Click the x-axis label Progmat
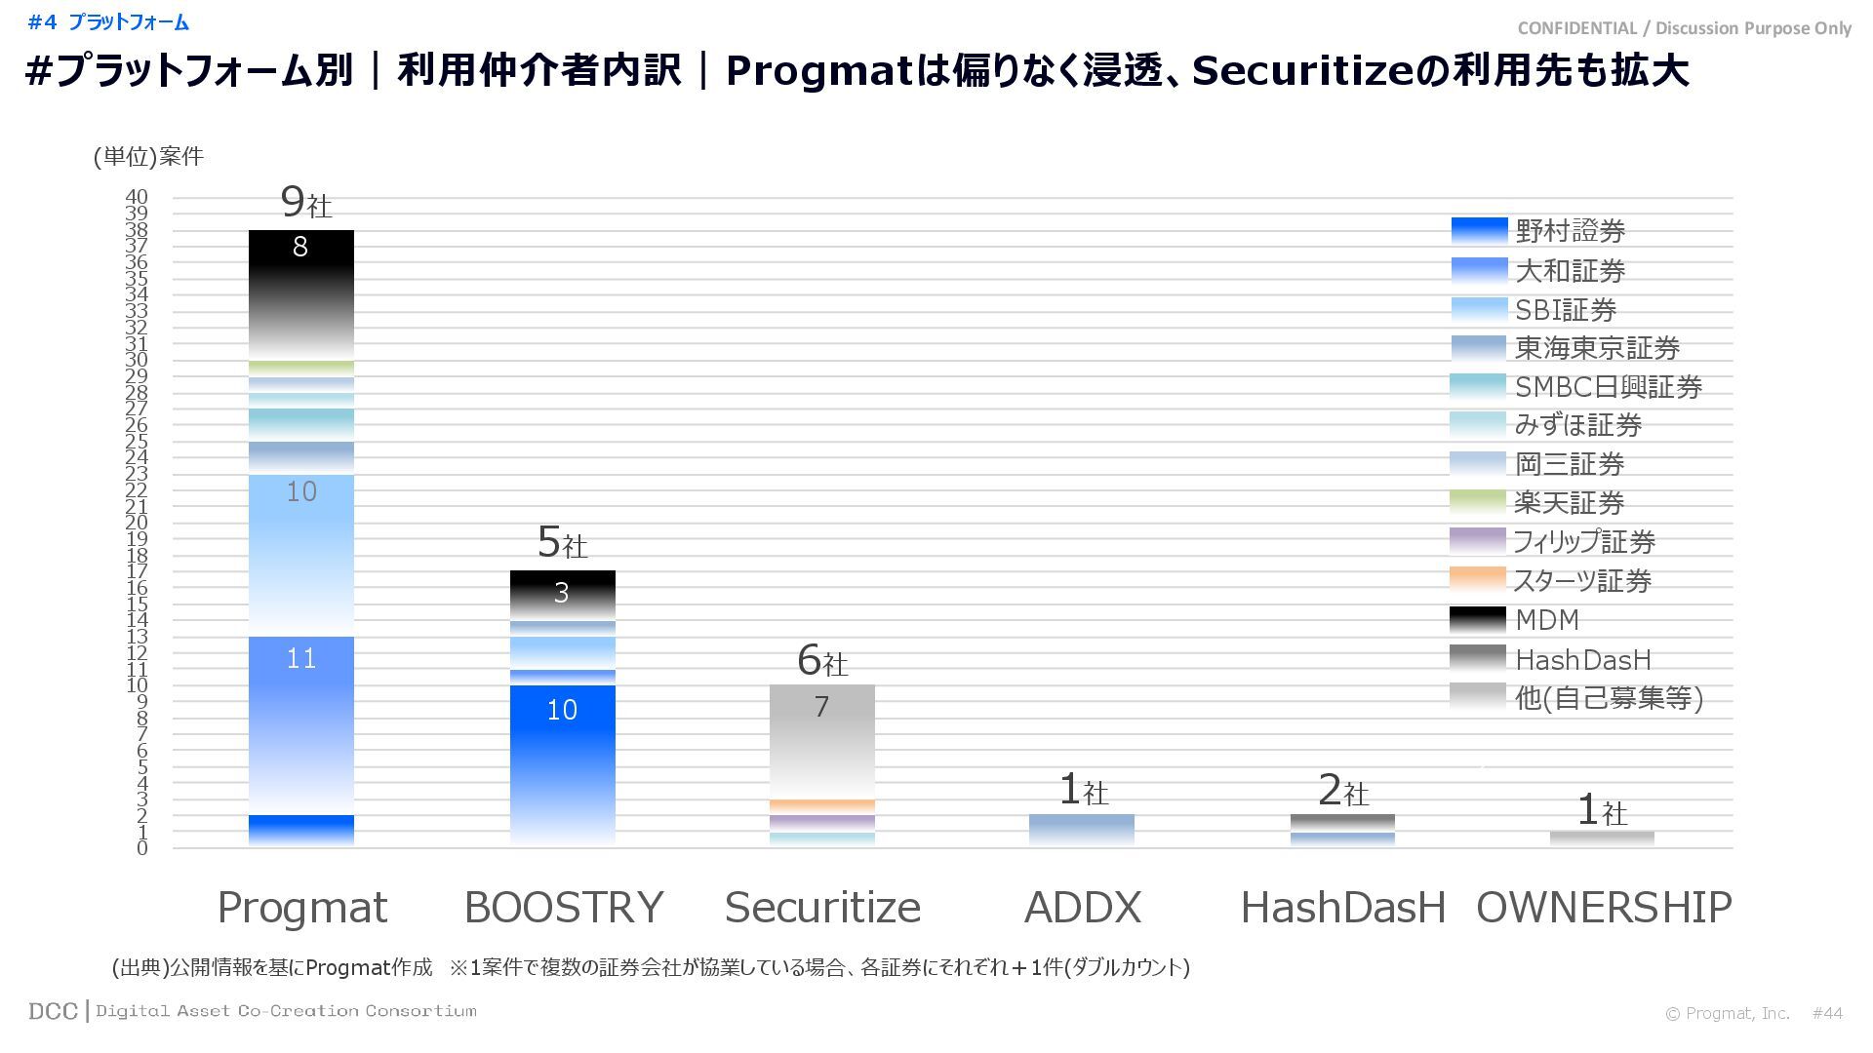click(301, 908)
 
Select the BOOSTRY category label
click(563, 908)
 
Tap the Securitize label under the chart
click(822, 908)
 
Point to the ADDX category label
click(1082, 908)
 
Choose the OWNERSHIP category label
click(1604, 908)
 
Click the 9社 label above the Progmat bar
click(305, 203)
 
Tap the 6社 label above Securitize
click(822, 661)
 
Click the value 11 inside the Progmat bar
click(301, 659)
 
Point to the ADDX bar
click(1082, 830)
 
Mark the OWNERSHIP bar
click(1602, 838)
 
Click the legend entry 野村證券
click(1570, 232)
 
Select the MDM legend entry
click(1546, 620)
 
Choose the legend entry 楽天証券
click(1569, 503)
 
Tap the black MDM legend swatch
click(1478, 619)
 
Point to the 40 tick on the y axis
click(137, 198)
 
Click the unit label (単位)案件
click(148, 157)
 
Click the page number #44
click(1827, 1014)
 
